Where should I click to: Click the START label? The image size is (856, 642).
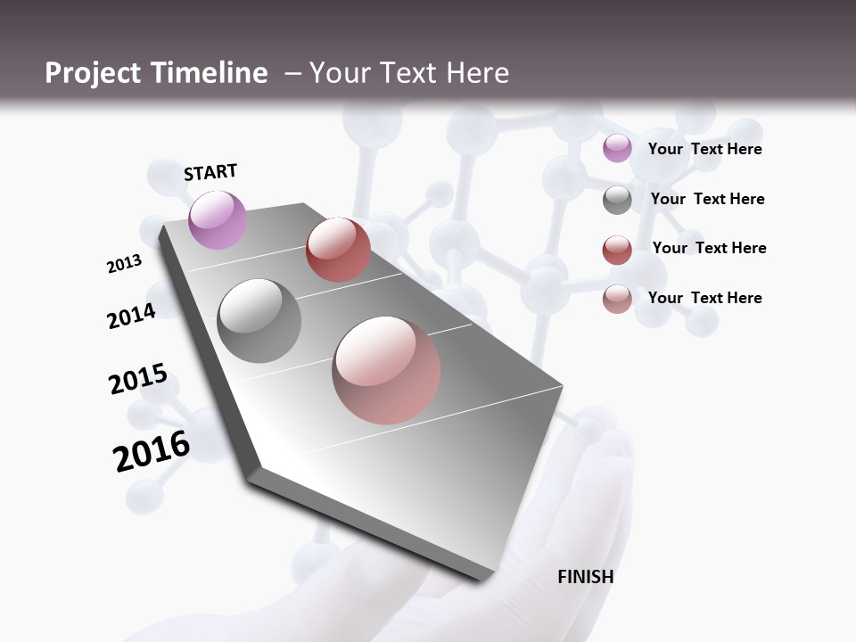coord(210,172)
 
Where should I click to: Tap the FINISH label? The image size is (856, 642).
coord(586,577)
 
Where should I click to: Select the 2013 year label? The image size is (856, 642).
coord(124,264)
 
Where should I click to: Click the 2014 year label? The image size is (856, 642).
coord(131,316)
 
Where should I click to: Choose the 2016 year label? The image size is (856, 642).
coord(152,451)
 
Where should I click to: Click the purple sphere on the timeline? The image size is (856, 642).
coord(218,219)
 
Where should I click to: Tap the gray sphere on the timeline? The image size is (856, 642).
coord(259,320)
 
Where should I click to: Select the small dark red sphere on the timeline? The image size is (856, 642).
coord(338,250)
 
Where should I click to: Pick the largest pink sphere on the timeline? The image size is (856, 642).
coord(386,370)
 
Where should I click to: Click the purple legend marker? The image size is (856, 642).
coord(617,149)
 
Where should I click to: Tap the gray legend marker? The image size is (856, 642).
coord(617,200)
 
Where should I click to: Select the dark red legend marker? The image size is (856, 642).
coord(617,249)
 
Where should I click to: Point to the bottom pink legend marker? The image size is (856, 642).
coord(617,299)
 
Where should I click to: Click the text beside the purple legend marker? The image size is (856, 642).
coord(704,150)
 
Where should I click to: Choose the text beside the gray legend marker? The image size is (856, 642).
coord(707,199)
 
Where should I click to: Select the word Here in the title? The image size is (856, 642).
coord(476,73)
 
